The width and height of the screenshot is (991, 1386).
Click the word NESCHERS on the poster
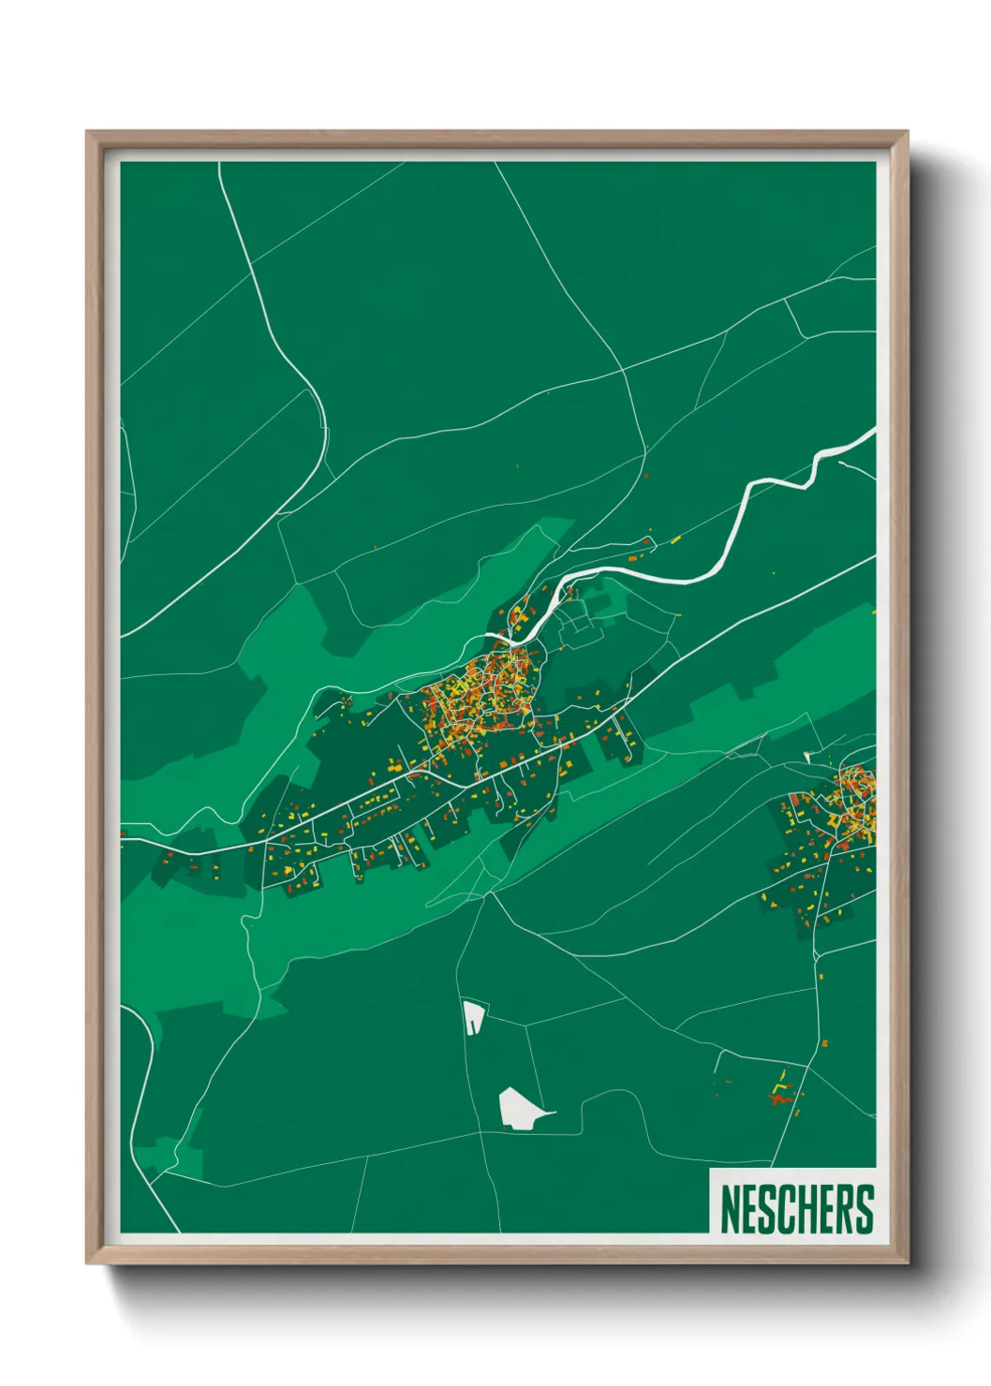click(797, 1209)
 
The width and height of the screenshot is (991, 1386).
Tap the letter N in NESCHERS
click(731, 1209)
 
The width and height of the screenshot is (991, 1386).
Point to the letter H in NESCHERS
click(809, 1209)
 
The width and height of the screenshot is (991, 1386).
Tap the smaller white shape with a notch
click(474, 1016)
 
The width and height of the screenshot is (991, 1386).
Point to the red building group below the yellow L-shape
click(779, 1099)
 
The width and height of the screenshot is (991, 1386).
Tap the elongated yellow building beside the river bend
click(675, 539)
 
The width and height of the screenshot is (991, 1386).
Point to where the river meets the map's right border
click(872, 432)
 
